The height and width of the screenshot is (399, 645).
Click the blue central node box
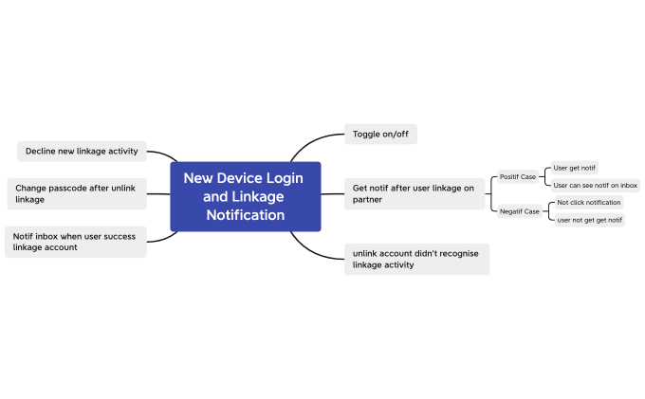pos(245,196)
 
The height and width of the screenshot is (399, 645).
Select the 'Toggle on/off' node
pos(379,134)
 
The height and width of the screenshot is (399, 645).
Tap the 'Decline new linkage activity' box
pos(82,151)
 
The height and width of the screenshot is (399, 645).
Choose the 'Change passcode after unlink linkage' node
pos(75,193)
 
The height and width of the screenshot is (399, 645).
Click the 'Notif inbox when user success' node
pos(75,241)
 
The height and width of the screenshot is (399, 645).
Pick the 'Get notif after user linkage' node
pos(414,193)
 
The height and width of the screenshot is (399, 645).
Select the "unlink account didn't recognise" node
pos(416,259)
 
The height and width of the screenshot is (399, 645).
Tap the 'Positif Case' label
pos(518,177)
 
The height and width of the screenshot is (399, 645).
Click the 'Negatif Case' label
pos(520,211)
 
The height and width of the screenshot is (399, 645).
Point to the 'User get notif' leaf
pos(575,168)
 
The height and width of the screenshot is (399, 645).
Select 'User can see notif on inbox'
pos(596,185)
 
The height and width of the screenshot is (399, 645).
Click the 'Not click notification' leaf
pos(589,202)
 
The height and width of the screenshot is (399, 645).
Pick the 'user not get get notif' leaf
pos(589,220)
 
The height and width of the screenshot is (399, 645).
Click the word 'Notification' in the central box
pos(246,215)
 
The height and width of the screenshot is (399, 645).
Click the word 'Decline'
pos(42,151)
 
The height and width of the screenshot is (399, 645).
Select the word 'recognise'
pos(458,253)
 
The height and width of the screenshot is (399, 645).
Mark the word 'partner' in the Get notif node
pos(367,200)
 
